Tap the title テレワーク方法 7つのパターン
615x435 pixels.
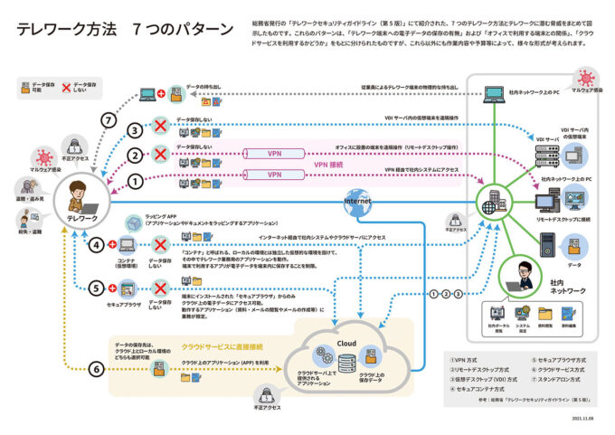tap(124, 29)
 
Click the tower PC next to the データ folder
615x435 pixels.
tap(548, 242)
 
